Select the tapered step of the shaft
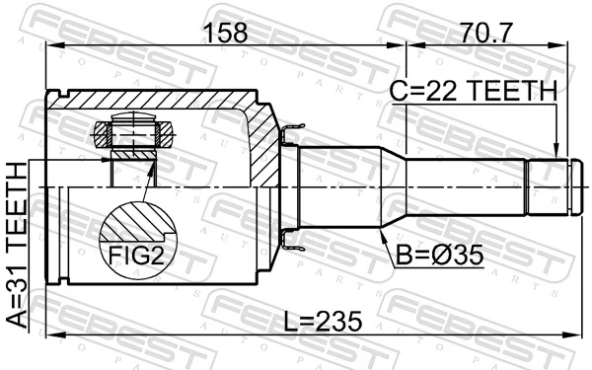[x=395, y=186]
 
